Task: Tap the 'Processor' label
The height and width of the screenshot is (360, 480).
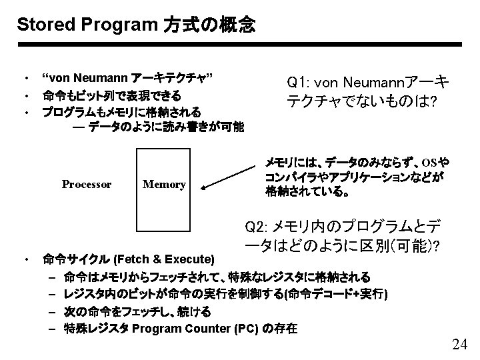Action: pos(87,184)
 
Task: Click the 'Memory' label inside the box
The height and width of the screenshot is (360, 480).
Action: pos(164,184)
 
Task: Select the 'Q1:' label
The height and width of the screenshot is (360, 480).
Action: pos(298,83)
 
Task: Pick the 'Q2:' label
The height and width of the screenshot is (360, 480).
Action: pos(257,225)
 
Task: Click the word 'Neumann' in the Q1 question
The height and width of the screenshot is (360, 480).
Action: pos(371,83)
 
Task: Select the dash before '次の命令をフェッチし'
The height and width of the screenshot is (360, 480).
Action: pos(52,311)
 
